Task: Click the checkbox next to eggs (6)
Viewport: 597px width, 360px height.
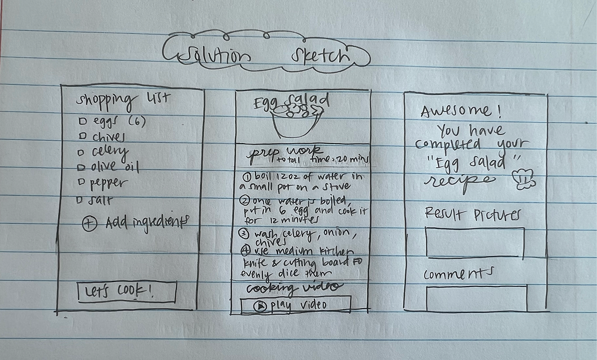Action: [x=82, y=122]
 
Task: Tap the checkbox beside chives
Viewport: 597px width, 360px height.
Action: [x=82, y=136]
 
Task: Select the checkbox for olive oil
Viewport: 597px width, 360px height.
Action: [x=80, y=167]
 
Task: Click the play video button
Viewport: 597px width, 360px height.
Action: [x=295, y=305]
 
